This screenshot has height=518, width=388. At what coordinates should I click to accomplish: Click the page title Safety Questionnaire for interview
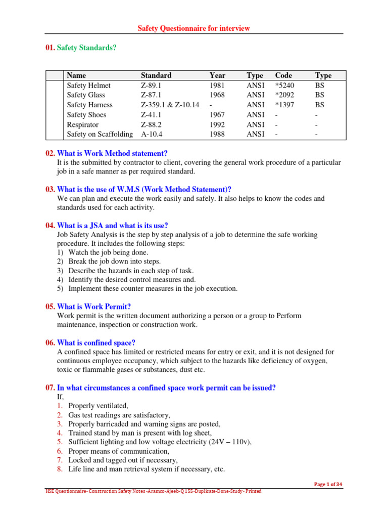pos(193,28)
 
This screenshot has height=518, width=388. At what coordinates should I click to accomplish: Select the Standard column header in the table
pos(156,75)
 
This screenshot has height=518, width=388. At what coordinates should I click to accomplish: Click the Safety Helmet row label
pos(88,85)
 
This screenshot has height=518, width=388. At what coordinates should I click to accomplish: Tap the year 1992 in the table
pos(217,124)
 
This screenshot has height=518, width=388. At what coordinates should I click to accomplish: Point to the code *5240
pos(284,85)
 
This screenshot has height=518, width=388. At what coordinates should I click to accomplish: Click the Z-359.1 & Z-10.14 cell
pos(170,105)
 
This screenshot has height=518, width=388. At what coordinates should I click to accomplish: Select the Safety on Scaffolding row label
pos(100,134)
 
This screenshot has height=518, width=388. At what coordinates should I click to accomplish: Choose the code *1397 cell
pos(284,105)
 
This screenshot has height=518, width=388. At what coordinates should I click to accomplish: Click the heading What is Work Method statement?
pos(112,153)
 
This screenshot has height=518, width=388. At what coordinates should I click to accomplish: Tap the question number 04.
pos(50,225)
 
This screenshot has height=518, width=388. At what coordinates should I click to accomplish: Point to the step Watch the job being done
pos(108,252)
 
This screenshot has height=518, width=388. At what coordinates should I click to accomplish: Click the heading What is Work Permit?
pos(94,307)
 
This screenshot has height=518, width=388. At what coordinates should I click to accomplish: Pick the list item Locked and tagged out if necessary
pos(123,460)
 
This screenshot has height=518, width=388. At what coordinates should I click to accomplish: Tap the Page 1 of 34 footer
pos(328,484)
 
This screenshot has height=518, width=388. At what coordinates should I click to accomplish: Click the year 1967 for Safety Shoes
pos(217,115)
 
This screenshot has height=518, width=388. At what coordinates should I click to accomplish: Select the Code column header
pos(283,75)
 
